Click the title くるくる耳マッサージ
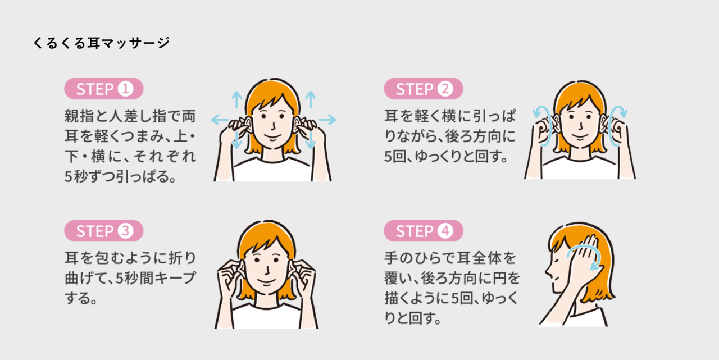(101, 43)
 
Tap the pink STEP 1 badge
(104, 89)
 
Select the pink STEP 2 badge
(424, 89)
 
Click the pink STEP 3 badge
(104, 231)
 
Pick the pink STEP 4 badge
(424, 231)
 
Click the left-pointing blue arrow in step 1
(220, 120)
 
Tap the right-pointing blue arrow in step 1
(327, 120)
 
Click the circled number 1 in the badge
(125, 89)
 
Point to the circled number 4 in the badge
(445, 231)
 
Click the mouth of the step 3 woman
(266, 282)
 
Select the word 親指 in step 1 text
(79, 116)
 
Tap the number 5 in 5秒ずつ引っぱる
(68, 176)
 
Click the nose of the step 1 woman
(273, 126)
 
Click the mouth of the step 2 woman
(580, 138)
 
